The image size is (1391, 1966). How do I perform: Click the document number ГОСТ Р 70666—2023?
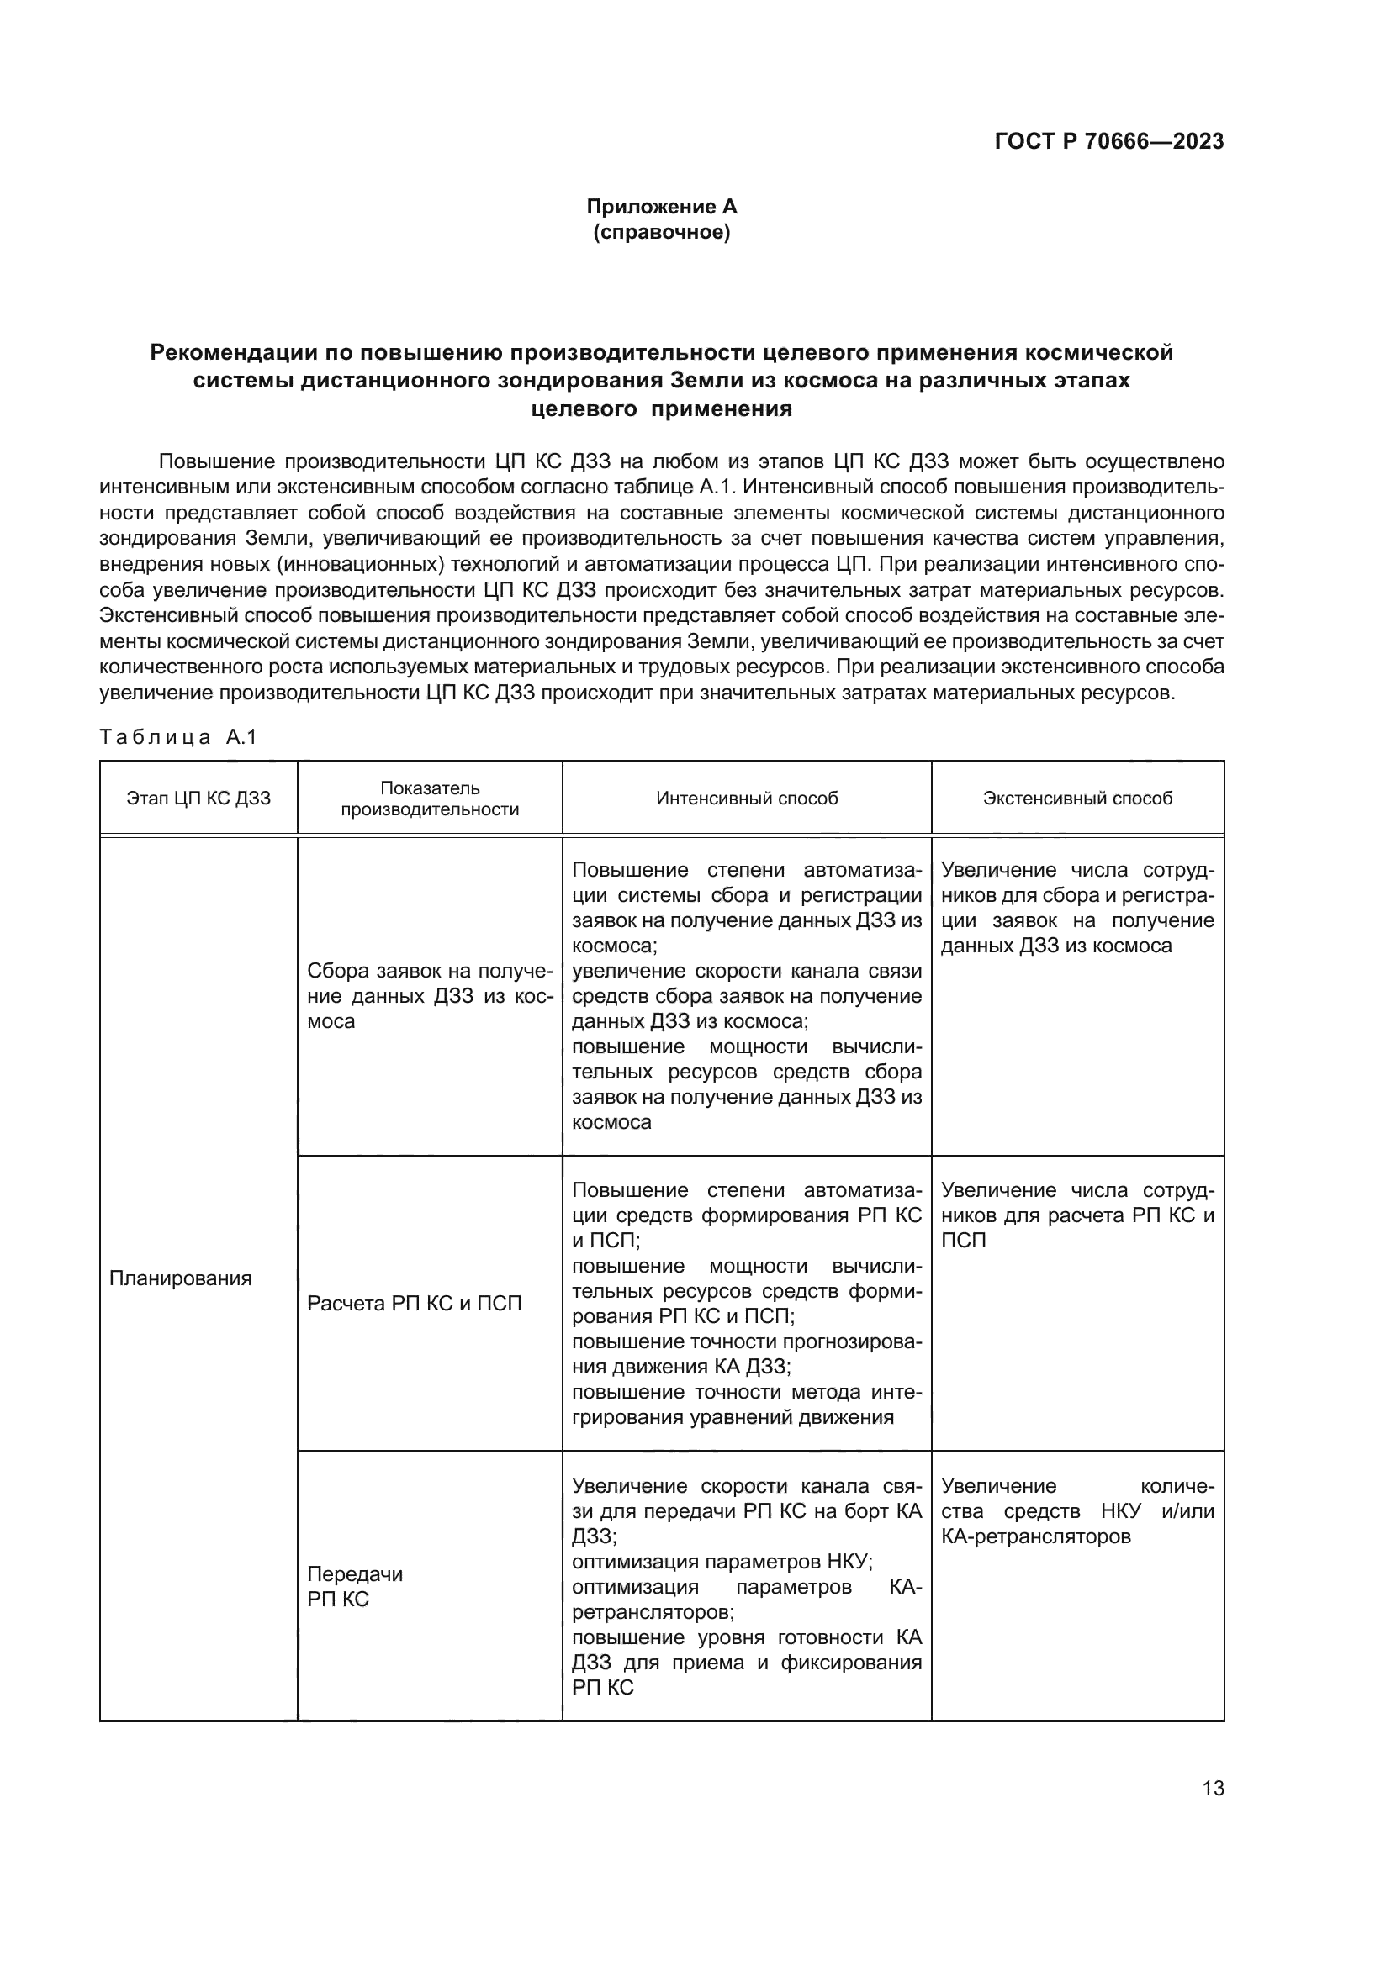click(1108, 142)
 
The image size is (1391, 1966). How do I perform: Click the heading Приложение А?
click(661, 207)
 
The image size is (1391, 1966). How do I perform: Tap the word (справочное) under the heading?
click(661, 232)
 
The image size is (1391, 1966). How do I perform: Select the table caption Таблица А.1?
click(178, 737)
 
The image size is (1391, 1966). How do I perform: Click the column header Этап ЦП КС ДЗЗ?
click(198, 798)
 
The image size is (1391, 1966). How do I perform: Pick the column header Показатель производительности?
click(430, 798)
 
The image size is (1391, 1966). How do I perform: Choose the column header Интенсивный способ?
click(747, 798)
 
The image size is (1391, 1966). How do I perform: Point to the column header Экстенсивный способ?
click(1077, 798)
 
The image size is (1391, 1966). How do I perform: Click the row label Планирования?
click(181, 1278)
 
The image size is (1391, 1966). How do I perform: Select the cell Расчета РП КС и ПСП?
click(415, 1304)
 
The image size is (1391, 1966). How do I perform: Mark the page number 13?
click(1213, 1788)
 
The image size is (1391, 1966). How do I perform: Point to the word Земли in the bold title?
click(707, 380)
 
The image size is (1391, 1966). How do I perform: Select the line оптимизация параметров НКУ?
click(722, 1561)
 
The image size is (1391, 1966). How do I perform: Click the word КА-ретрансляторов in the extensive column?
click(1035, 1536)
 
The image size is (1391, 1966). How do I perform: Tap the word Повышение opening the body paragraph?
click(217, 461)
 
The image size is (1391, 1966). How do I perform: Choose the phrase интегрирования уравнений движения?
click(733, 1417)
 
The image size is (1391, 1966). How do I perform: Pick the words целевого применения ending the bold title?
click(661, 408)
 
